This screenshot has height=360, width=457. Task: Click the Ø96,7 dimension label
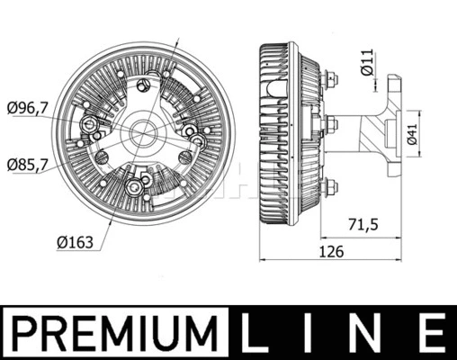[x=27, y=108]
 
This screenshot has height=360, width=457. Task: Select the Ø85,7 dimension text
[x=27, y=165]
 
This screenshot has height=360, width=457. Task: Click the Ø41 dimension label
[x=411, y=135]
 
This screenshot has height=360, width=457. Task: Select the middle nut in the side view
[x=332, y=126]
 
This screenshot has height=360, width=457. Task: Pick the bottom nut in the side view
[x=332, y=186]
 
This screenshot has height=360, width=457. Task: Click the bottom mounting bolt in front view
[x=134, y=186]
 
